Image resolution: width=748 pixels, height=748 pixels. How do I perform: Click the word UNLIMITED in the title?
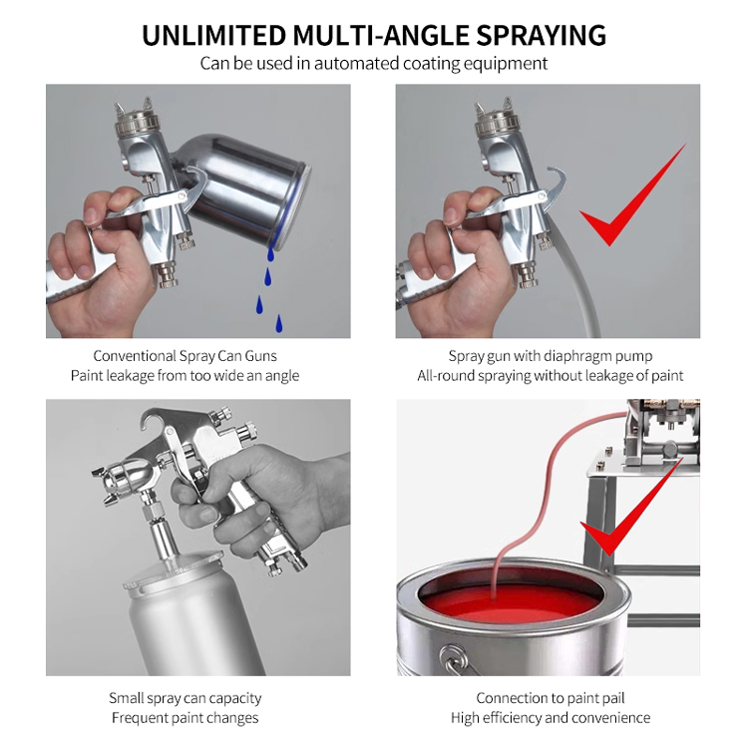(214, 35)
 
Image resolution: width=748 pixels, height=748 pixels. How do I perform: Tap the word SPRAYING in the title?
(542, 35)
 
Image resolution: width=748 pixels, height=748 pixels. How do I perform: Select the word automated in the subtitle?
(356, 64)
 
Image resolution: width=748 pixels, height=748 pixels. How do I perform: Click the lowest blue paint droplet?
(279, 323)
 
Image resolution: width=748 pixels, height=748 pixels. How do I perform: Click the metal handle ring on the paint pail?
(454, 659)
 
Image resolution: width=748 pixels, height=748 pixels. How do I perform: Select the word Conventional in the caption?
(135, 356)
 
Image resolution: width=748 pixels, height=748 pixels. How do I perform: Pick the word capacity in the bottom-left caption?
(235, 699)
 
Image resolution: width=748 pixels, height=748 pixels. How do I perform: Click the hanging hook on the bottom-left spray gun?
(154, 421)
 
